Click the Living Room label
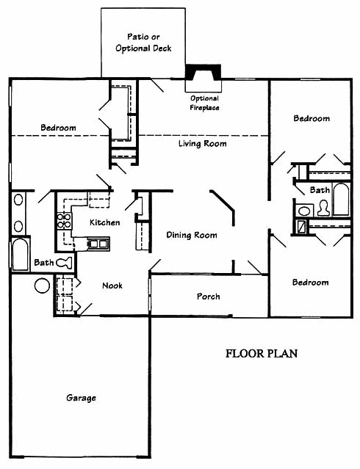(x=203, y=144)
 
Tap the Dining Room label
(x=192, y=235)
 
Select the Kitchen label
(x=105, y=222)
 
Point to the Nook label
(x=112, y=286)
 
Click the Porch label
(x=209, y=297)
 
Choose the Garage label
(x=81, y=398)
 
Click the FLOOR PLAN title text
(x=262, y=354)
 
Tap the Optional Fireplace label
(x=204, y=103)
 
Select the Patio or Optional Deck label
(x=143, y=43)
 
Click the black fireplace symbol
(x=204, y=72)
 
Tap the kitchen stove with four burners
(x=64, y=220)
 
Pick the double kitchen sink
(x=98, y=244)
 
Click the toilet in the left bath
(x=64, y=263)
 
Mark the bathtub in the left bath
(x=21, y=255)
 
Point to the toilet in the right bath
(x=323, y=208)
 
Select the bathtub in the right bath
(x=341, y=199)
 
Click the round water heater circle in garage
(x=42, y=286)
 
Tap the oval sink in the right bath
(x=305, y=211)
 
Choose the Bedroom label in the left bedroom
(x=58, y=128)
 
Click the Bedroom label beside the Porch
(x=311, y=283)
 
